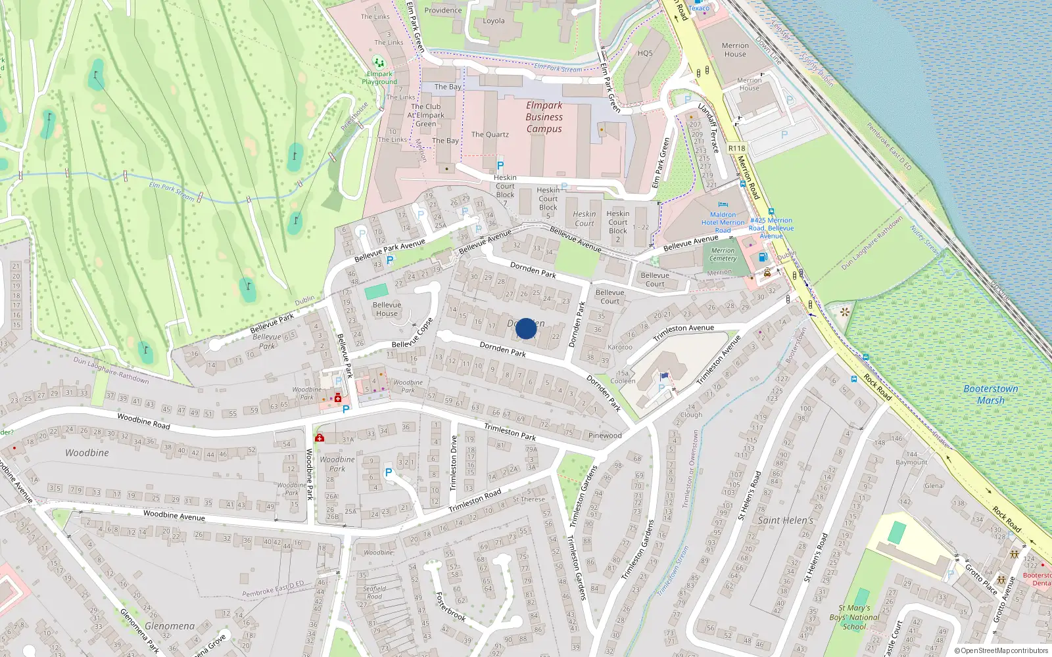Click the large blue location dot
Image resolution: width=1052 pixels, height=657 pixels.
click(526, 328)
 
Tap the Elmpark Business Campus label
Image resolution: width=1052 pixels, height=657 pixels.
click(544, 117)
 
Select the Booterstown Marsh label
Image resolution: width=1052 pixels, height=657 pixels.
click(990, 394)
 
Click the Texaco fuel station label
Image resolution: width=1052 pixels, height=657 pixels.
click(698, 8)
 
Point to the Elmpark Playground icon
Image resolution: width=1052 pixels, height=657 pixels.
click(378, 62)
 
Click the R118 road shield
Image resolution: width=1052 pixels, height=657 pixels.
click(736, 148)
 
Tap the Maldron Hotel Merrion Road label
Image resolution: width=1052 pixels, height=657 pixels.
click(723, 222)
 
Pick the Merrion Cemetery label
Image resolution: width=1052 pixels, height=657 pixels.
click(723, 254)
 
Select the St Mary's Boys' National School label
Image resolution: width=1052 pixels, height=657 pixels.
click(854, 618)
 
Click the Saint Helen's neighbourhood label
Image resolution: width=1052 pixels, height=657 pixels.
click(785, 520)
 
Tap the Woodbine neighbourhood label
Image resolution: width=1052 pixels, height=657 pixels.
click(87, 453)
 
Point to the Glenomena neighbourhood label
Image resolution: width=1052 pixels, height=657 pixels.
click(169, 626)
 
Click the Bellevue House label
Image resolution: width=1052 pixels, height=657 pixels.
click(387, 309)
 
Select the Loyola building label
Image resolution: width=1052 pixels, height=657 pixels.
click(494, 21)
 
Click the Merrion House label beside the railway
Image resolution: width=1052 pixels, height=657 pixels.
click(735, 50)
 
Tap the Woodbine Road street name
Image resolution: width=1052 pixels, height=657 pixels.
click(143, 421)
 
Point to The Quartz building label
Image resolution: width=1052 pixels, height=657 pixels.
click(490, 135)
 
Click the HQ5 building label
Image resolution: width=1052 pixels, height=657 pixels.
click(645, 53)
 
